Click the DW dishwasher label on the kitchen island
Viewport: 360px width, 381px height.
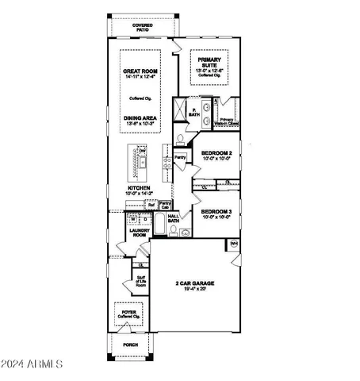pos(143,151)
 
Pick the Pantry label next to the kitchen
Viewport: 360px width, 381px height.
pos(180,158)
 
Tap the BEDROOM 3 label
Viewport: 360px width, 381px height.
pos(216,213)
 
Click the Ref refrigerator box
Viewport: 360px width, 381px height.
pos(151,205)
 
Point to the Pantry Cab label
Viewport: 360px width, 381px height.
pos(166,205)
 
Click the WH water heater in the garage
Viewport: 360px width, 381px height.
pos(234,243)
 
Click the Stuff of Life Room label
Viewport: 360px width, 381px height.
pos(140,281)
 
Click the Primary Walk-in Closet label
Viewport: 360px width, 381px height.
pos(227,121)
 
